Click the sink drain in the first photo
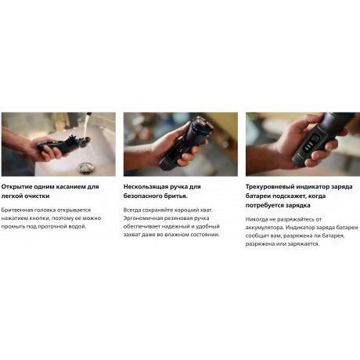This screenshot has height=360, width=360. pos(85,167)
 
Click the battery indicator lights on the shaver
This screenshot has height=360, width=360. pos(309,146)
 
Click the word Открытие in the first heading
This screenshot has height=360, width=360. pos(16,187)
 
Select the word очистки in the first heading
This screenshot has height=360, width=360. pos(38,196)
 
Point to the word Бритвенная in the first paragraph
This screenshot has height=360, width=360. pos(17,210)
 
